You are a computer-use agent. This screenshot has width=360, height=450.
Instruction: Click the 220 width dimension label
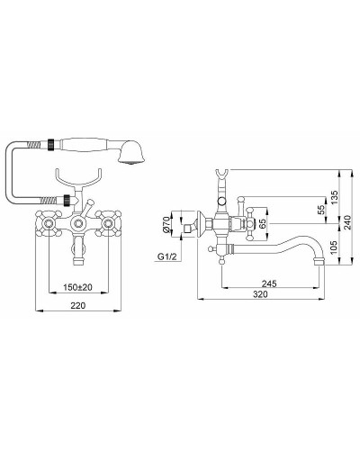(78, 305)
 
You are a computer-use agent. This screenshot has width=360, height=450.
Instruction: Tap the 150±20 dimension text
(77, 287)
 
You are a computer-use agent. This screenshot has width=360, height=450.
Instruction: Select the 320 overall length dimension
(260, 294)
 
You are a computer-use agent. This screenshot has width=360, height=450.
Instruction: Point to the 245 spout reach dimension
(269, 283)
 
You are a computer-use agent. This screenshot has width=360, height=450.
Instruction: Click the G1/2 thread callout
(167, 256)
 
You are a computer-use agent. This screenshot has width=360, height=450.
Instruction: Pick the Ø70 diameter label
(166, 225)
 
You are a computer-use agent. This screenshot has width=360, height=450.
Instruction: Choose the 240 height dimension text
(347, 222)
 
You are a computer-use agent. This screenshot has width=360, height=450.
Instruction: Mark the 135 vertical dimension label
(335, 197)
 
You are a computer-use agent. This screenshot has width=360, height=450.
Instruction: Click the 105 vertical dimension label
(335, 247)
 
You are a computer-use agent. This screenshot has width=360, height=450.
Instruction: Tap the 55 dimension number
(321, 210)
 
